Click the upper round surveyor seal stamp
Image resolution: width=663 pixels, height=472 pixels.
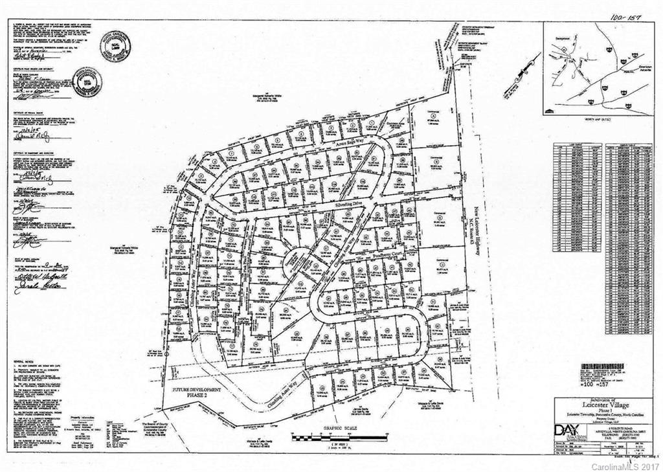point(115,46)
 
